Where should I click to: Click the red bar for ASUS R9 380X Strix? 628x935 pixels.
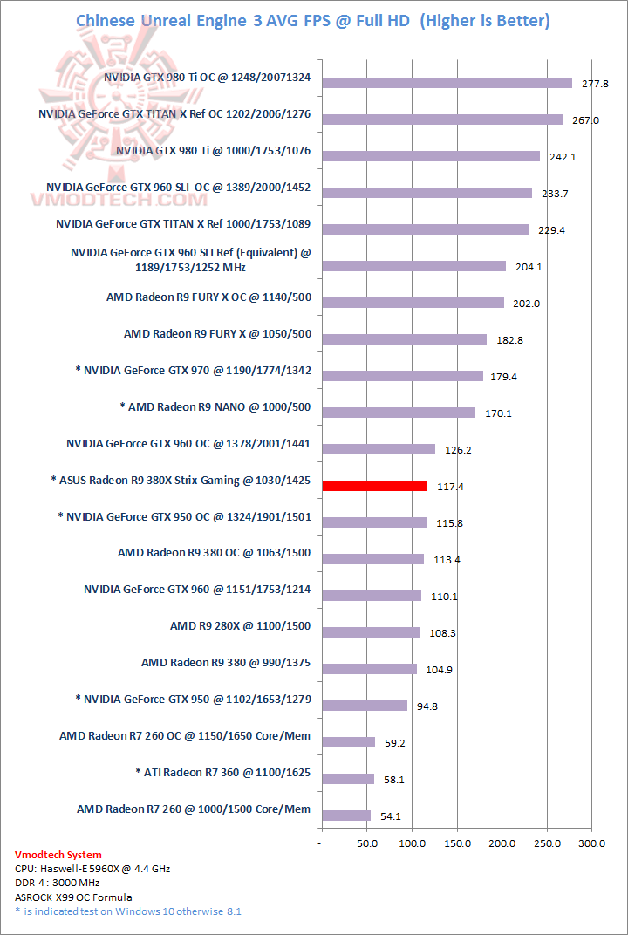pos(375,486)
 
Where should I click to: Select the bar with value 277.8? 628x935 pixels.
pos(447,83)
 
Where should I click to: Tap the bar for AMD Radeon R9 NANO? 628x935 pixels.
pos(399,413)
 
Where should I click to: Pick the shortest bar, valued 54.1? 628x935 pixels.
pos(346,816)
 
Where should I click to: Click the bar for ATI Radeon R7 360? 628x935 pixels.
pos(348,779)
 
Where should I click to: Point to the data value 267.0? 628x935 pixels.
pos(584,120)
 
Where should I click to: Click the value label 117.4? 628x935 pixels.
pos(449,487)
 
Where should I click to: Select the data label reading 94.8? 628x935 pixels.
pos(427,706)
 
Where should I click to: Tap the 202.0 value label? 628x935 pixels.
pos(528,304)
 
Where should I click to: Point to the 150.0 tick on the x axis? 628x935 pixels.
pos(457,843)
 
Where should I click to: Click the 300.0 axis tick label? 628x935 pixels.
pos(591,843)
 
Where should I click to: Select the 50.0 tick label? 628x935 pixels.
pos(366,843)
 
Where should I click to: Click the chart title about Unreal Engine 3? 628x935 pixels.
pos(313,20)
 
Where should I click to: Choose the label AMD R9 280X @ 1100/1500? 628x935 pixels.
pos(240,625)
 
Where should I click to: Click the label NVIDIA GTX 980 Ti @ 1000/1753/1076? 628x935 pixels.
pos(213,151)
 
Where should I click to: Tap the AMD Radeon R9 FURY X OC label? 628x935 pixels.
pos(208,297)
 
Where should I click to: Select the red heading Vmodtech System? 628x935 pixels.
pos(58,855)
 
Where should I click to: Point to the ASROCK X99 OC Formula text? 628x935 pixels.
pos(73,897)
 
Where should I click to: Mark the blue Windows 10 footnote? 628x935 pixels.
pos(128,911)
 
